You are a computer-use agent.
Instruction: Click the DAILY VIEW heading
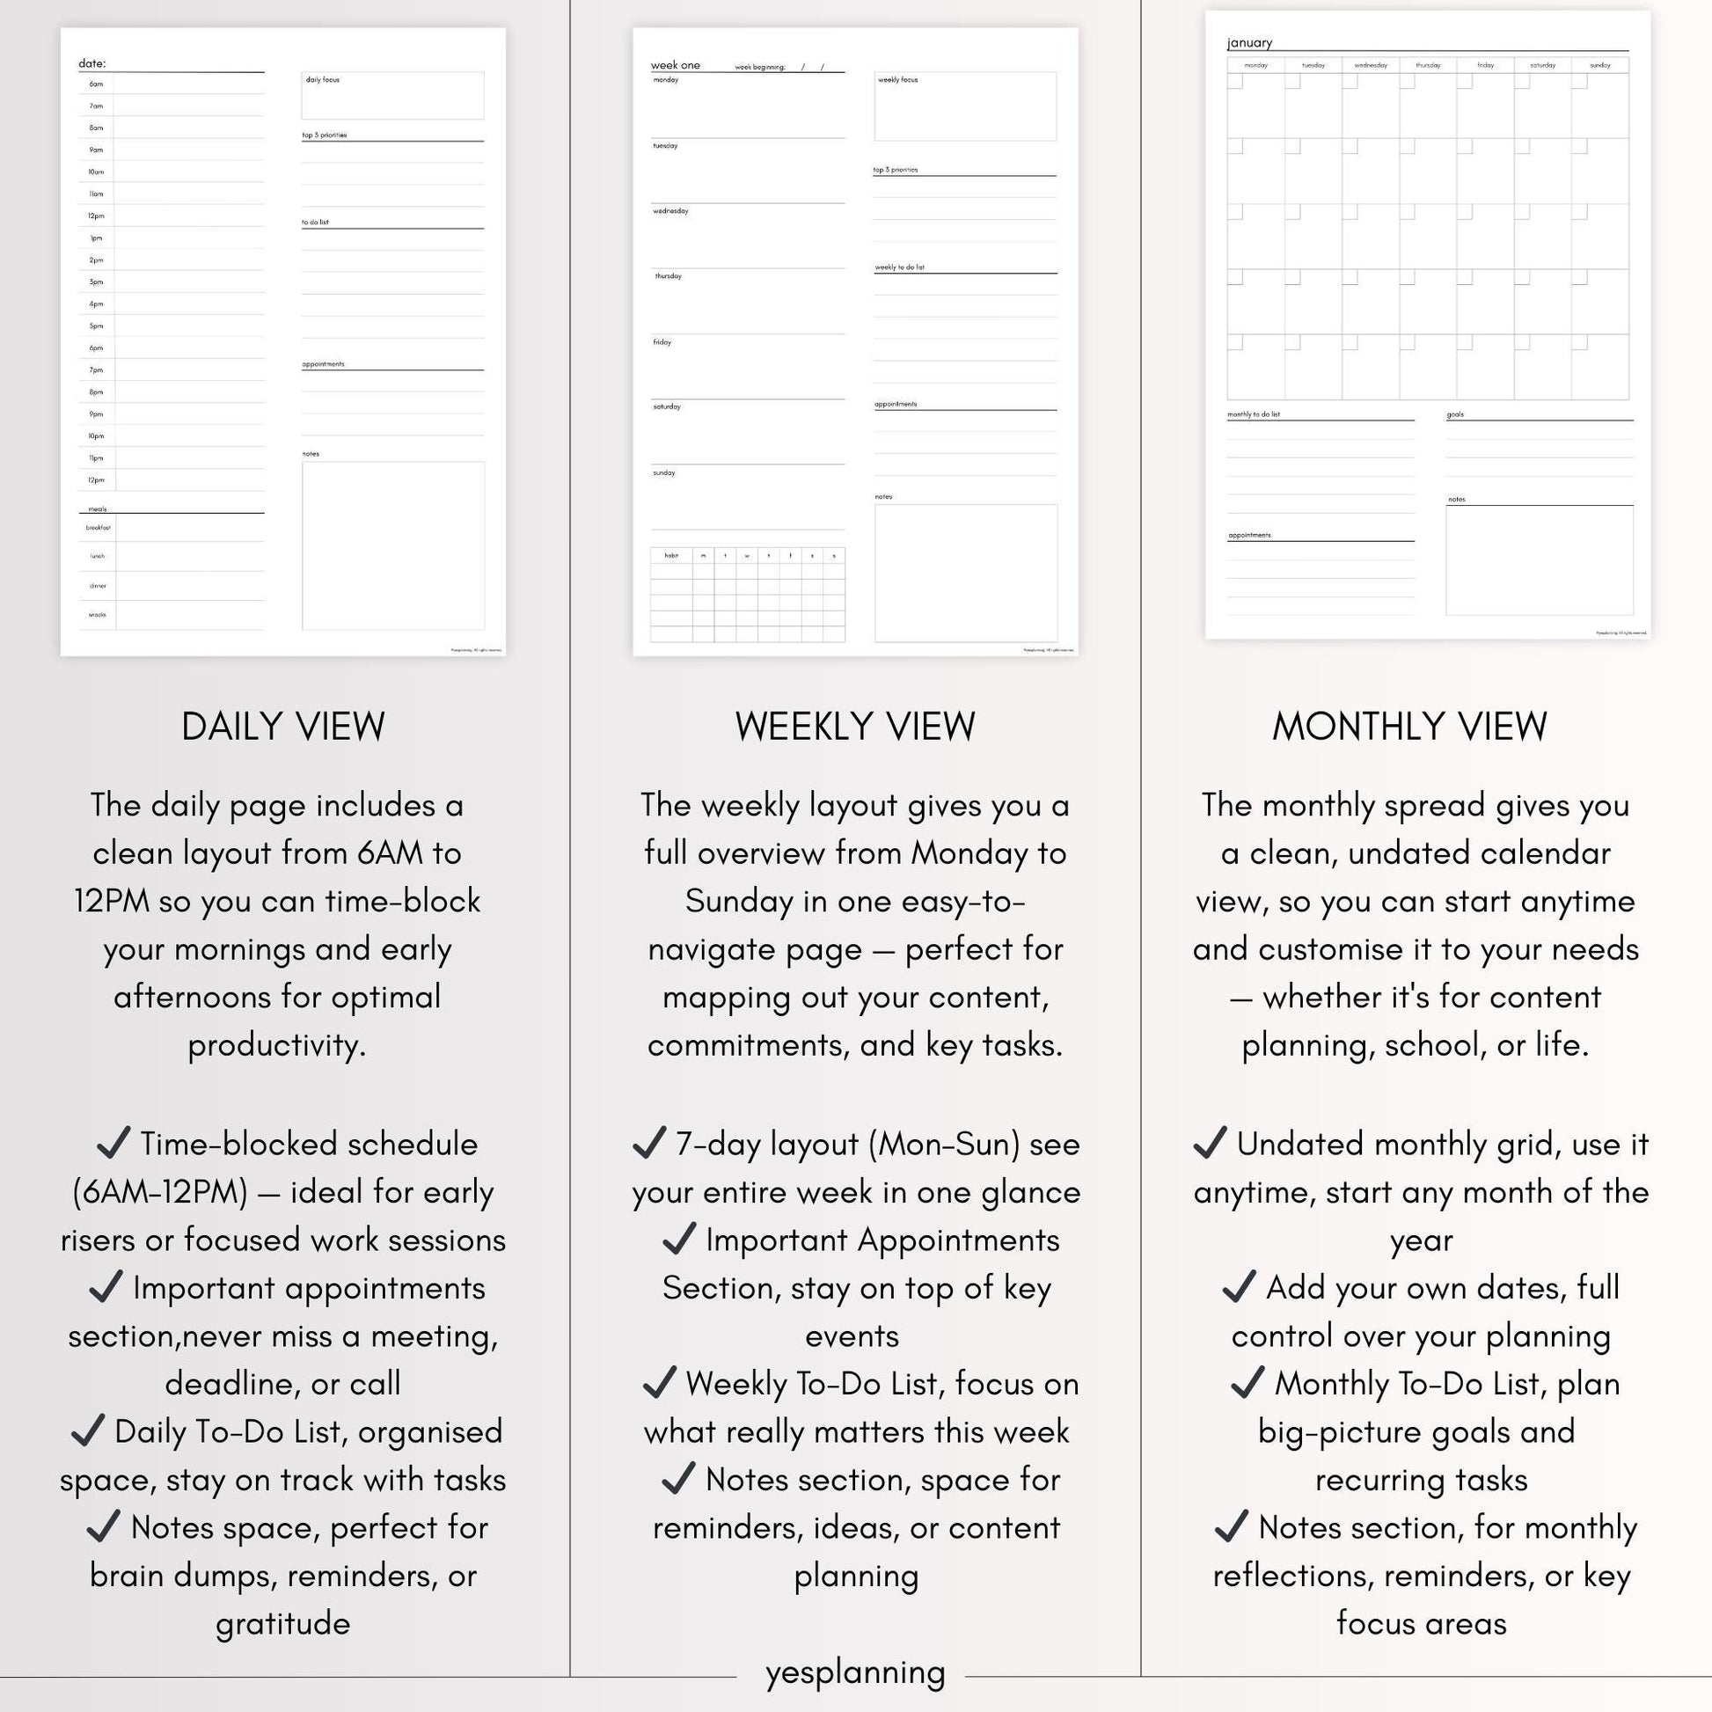[282, 727]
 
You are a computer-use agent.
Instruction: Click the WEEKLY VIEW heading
[855, 727]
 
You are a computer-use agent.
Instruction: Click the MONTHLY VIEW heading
[1409, 727]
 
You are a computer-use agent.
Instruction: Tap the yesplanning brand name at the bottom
[855, 1672]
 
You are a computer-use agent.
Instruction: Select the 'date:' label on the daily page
[91, 64]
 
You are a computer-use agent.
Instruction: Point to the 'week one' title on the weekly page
[676, 66]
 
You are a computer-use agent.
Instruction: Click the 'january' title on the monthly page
[1249, 42]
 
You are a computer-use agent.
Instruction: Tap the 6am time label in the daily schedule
[96, 84]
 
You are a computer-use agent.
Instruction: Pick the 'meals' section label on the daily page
[98, 508]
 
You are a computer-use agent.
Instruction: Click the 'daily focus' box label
[323, 80]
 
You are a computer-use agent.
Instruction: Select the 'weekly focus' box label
[897, 80]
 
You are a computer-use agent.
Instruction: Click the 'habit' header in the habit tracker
[670, 556]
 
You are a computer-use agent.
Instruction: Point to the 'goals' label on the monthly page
[1455, 414]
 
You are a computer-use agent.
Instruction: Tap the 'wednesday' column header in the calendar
[1370, 66]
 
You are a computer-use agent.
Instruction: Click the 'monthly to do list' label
[1253, 414]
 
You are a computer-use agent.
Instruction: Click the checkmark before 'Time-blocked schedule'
[113, 1143]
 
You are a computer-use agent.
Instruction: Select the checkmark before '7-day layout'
[649, 1143]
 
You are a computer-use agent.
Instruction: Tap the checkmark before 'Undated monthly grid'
[1210, 1143]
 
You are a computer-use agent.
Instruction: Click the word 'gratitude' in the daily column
[282, 1624]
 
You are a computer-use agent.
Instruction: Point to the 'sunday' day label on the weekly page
[664, 473]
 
